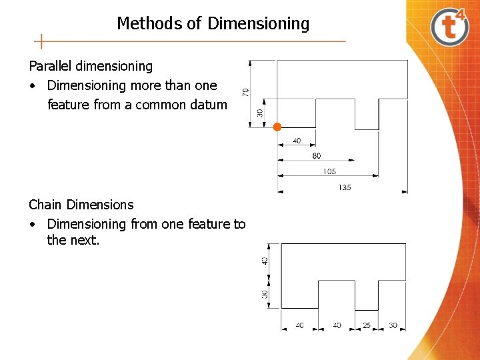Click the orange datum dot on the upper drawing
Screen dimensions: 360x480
click(277, 127)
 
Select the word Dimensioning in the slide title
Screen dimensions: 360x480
click(259, 24)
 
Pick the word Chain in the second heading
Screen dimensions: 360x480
click(46, 205)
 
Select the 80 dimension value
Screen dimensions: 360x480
click(316, 155)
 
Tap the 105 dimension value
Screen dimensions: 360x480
click(329, 171)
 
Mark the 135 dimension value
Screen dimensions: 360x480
click(344, 187)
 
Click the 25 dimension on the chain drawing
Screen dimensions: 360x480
click(366, 325)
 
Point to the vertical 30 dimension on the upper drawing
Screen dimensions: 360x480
click(259, 113)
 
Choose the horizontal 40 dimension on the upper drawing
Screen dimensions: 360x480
click(296, 141)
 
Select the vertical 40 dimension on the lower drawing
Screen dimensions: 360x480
click(265, 261)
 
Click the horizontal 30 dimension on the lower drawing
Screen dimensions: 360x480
click(393, 325)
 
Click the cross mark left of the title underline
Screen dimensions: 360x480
click(41, 41)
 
